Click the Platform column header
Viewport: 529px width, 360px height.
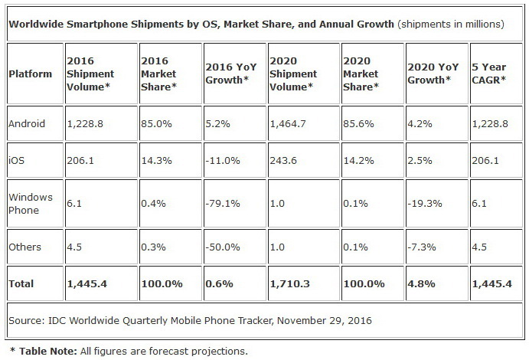click(x=31, y=74)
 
